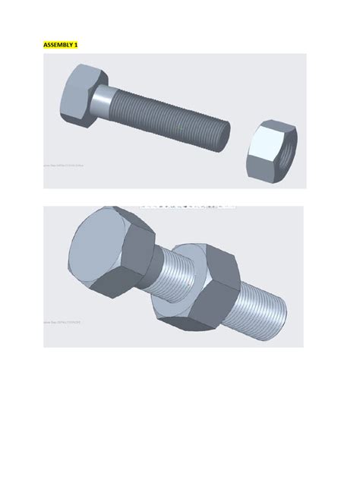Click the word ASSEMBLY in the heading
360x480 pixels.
tap(57, 45)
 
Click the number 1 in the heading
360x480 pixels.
tap(75, 45)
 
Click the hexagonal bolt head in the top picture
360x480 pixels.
tap(76, 94)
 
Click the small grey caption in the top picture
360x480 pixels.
tap(62, 163)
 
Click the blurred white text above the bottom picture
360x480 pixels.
tap(186, 205)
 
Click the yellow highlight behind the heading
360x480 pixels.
tap(60, 45)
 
